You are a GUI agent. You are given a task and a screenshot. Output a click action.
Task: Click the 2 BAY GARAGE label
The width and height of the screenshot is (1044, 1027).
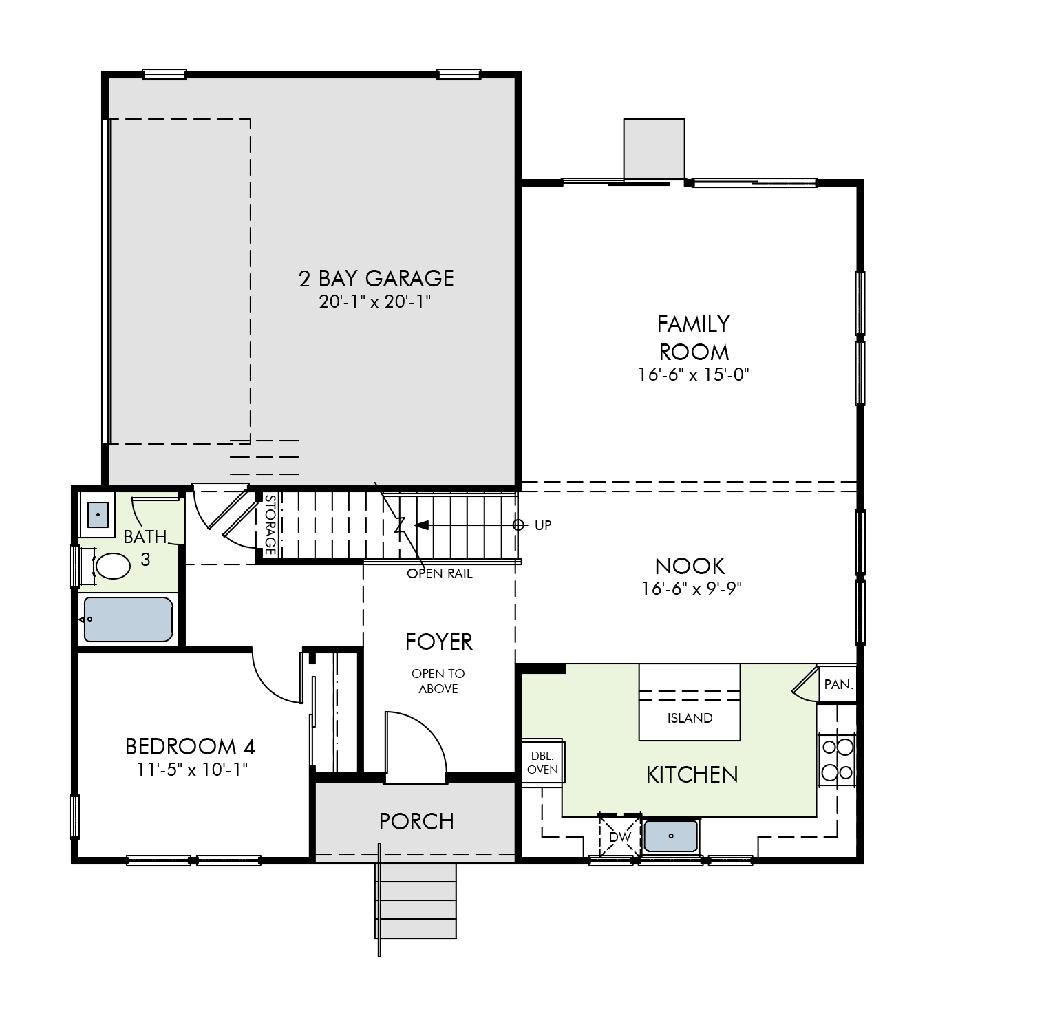click(x=376, y=278)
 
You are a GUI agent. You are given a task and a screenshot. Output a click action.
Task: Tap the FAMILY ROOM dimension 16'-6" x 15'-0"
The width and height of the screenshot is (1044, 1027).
click(x=693, y=374)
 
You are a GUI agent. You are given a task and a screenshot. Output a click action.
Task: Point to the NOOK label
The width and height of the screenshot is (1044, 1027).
click(x=690, y=566)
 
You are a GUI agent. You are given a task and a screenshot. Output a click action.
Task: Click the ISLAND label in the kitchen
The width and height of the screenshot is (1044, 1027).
click(x=690, y=718)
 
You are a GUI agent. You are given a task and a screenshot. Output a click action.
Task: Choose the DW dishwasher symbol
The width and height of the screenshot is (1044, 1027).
click(x=620, y=837)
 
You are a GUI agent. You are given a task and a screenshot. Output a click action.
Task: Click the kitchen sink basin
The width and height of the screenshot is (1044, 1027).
click(x=671, y=836)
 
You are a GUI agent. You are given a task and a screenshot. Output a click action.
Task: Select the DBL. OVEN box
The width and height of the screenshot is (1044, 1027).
click(x=542, y=761)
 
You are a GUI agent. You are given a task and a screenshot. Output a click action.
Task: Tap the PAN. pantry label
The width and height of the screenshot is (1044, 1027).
click(x=838, y=684)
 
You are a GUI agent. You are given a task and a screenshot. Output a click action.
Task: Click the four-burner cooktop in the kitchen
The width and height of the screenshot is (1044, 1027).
click(x=836, y=759)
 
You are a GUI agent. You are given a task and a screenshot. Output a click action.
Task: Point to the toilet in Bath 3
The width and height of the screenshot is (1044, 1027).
click(x=112, y=567)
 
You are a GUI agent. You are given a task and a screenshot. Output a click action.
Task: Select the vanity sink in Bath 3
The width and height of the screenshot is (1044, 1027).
click(x=98, y=513)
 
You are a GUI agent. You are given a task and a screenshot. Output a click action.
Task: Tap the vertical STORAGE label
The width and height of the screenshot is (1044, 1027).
click(x=270, y=525)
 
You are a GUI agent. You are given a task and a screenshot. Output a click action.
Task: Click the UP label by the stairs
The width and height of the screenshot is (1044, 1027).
click(x=543, y=525)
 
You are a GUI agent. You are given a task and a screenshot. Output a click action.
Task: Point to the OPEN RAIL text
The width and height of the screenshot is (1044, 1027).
click(x=440, y=573)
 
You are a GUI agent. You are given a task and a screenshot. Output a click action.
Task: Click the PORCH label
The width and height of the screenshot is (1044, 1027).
click(x=416, y=821)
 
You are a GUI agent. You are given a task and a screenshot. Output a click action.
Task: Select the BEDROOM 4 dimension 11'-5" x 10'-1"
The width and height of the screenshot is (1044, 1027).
click(x=191, y=769)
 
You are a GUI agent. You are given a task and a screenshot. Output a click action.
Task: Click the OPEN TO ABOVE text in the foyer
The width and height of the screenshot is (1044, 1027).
click(x=438, y=681)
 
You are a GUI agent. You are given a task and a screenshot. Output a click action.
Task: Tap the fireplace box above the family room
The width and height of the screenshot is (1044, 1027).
click(x=654, y=149)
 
